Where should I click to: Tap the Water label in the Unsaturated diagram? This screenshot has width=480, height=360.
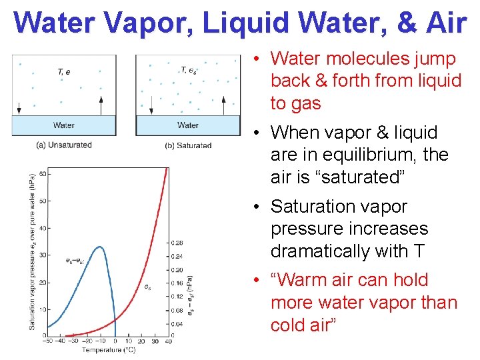pyautogui.click(x=64, y=125)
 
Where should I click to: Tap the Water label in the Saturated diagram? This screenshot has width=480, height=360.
pyautogui.click(x=188, y=125)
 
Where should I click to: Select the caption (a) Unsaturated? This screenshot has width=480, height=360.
pyautogui.click(x=64, y=145)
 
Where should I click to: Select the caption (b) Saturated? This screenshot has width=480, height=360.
pyautogui.click(x=188, y=145)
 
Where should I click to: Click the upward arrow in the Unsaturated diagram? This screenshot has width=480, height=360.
pyautogui.click(x=101, y=105)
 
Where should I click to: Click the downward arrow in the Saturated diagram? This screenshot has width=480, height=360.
pyautogui.click(x=151, y=105)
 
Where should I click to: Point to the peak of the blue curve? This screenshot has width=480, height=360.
pyautogui.click(x=99, y=247)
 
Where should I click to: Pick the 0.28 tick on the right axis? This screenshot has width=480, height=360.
pyautogui.click(x=178, y=242)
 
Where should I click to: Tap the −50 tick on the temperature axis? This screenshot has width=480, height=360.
pyautogui.click(x=48, y=342)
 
